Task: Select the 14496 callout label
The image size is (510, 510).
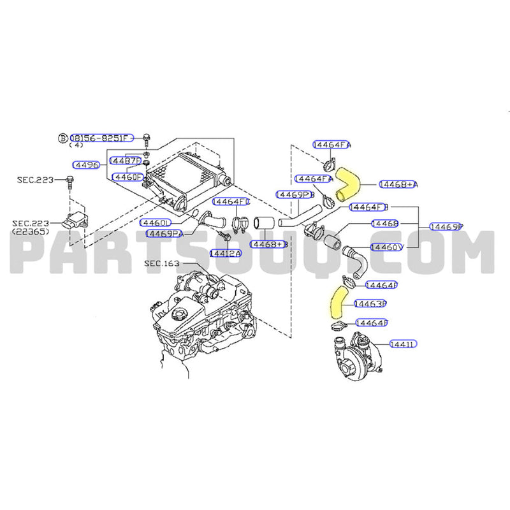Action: point(85,164)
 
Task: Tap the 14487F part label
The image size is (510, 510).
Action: point(125,159)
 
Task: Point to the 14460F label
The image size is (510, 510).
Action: point(127,176)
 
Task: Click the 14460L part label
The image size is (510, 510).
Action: point(156,223)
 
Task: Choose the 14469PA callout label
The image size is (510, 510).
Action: point(164,233)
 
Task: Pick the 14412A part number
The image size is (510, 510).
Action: point(226,253)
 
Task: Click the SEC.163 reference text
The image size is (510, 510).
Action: point(163,263)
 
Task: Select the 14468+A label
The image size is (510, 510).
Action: point(398,184)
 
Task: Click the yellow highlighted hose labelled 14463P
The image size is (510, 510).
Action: point(336,301)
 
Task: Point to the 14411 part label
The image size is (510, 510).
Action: point(403,344)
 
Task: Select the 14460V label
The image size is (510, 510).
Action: point(386,247)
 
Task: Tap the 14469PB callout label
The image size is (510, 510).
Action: point(295,194)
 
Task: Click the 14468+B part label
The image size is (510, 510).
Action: point(269,244)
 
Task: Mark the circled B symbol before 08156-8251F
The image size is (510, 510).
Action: point(62,138)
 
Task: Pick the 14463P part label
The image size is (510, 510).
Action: point(370,303)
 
